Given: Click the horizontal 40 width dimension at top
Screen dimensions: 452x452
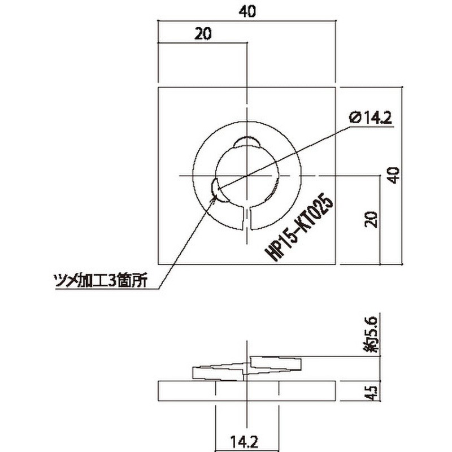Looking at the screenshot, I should click(x=246, y=11).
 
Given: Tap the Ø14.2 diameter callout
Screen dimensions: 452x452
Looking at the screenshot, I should click(x=371, y=118).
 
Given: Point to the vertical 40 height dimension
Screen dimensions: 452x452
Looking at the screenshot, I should click(x=395, y=175).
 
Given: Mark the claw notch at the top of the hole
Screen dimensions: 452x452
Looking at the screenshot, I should click(x=247, y=142).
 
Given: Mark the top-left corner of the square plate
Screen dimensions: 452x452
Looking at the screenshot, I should click(x=158, y=88).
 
